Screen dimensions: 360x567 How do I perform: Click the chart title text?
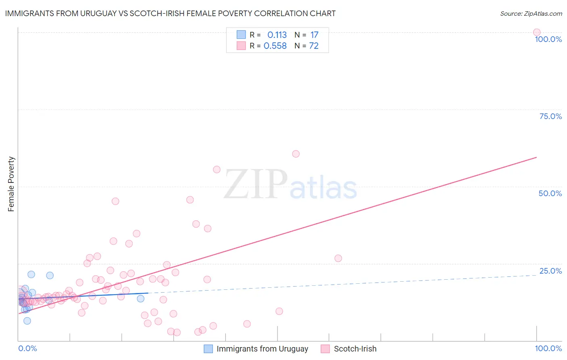point(170,13)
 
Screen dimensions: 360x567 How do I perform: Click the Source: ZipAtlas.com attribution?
point(531,13)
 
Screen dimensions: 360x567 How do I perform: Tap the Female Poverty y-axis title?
point(11,184)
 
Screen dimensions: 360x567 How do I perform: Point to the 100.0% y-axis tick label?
point(548,39)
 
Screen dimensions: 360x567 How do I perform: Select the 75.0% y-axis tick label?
point(550,116)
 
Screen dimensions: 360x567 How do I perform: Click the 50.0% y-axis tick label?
point(550,193)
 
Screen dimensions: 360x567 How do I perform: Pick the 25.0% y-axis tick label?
point(550,271)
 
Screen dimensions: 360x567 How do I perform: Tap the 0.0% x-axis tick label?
point(27,348)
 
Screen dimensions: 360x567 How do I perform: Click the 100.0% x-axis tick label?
point(548,348)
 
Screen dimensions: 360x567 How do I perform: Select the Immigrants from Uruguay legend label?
point(262,349)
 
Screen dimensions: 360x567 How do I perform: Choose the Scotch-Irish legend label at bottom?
point(355,349)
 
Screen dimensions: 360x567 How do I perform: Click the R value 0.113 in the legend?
point(277,35)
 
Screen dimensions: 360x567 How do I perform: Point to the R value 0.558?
point(275,46)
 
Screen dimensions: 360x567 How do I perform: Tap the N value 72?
point(314,46)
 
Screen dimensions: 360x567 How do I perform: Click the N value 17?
point(314,35)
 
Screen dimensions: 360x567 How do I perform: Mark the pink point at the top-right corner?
point(537,32)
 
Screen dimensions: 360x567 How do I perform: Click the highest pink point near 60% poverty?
point(296,154)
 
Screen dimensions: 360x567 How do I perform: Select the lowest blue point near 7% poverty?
point(27,321)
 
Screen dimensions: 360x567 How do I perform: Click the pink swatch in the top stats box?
point(241,46)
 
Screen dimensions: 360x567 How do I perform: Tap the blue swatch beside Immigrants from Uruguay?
point(208,349)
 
